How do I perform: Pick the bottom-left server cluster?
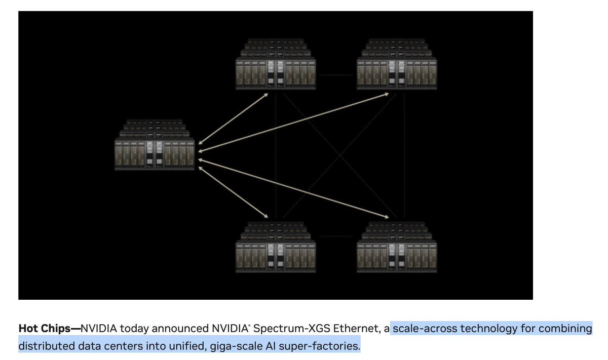click(276, 249)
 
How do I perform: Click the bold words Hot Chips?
click(48, 329)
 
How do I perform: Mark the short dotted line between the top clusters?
click(336, 76)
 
